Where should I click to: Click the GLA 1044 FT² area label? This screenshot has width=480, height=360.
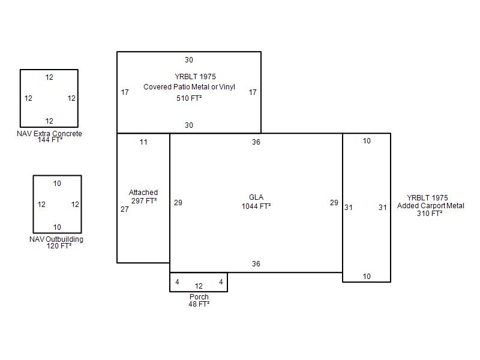[x=256, y=202]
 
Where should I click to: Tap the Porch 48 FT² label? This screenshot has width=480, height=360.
[x=199, y=301]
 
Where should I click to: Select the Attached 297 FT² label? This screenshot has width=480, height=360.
[x=143, y=197]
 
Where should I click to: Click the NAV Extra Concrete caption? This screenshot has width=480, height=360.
[x=49, y=134]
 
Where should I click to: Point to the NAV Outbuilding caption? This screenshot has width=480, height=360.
[x=56, y=239]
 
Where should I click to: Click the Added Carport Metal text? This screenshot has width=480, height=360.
[x=430, y=206]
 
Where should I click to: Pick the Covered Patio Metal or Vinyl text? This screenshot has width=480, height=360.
[x=189, y=87]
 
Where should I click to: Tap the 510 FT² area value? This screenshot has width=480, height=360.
[x=189, y=98]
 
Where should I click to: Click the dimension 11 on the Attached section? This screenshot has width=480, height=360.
[x=143, y=142]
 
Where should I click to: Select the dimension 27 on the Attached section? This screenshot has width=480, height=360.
[x=125, y=209]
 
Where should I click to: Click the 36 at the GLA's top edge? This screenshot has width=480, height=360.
[x=256, y=142]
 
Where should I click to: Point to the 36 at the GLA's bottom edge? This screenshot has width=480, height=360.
[x=256, y=264]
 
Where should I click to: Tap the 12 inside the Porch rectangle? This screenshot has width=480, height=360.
[x=199, y=286]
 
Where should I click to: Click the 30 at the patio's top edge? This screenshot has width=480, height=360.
[x=189, y=59]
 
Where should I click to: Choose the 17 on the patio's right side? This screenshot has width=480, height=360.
[x=253, y=92]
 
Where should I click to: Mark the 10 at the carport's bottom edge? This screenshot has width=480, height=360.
[x=367, y=277]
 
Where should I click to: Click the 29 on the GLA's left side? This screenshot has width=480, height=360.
[x=178, y=203]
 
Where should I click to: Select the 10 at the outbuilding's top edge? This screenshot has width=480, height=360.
[x=57, y=184]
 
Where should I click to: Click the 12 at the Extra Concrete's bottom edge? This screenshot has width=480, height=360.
[x=49, y=121]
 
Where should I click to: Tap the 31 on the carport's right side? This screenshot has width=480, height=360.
[x=383, y=208]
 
